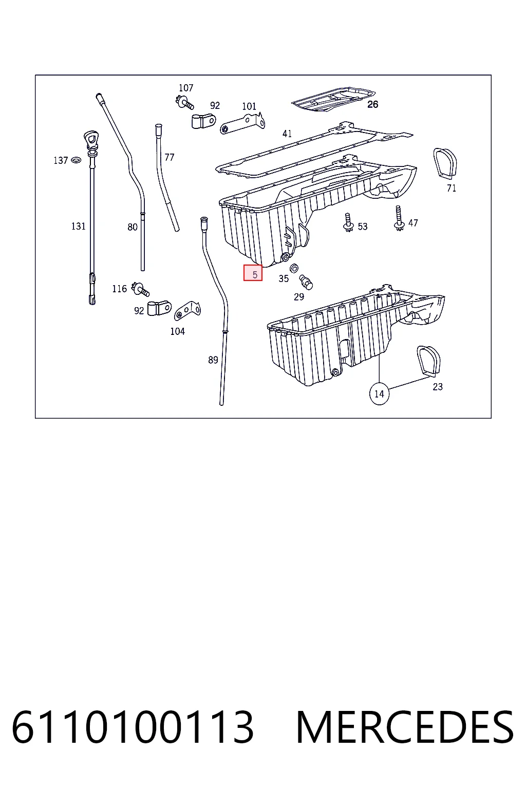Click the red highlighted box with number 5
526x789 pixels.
[253, 273]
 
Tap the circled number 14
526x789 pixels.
[379, 393]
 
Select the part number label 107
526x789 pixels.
[186, 88]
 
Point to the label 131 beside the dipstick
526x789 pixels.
[79, 226]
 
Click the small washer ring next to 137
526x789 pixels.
[76, 160]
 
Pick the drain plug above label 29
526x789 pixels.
[306, 282]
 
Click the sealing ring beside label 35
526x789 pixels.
[294, 268]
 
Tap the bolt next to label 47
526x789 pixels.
[399, 218]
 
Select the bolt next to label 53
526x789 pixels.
[348, 222]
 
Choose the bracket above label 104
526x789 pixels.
[187, 311]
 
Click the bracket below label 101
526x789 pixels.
[242, 123]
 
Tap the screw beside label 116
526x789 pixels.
[140, 289]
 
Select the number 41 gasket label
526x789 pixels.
[287, 134]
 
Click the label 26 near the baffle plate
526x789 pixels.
[373, 104]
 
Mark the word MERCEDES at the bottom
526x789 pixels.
[405, 727]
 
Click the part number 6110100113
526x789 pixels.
[133, 727]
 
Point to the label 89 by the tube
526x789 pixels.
[213, 360]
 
